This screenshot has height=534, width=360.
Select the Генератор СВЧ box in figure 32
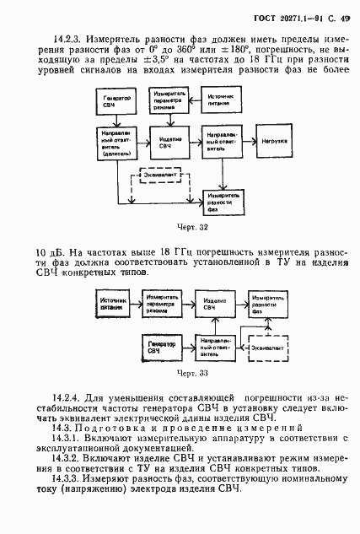[x=121, y=102]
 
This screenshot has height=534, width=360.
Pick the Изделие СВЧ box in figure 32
[x=166, y=138]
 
